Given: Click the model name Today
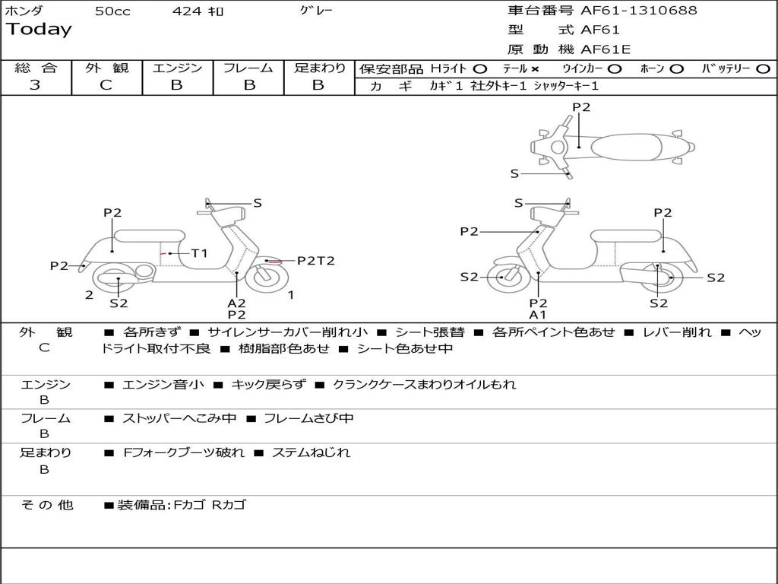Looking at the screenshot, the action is click(x=39, y=30).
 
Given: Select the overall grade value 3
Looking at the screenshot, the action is click(x=35, y=85).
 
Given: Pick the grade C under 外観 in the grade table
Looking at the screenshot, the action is click(x=106, y=85).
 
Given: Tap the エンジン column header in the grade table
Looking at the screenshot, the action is click(x=177, y=68).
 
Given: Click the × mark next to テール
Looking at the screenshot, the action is click(x=535, y=68).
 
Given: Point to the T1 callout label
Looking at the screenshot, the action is click(x=199, y=253).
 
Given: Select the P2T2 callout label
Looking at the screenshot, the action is click(x=315, y=261).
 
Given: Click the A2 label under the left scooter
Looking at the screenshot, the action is click(x=236, y=303).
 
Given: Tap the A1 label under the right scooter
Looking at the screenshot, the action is click(x=538, y=315).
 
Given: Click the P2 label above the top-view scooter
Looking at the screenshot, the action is click(x=581, y=107).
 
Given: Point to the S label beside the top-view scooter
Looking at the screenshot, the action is click(x=514, y=173).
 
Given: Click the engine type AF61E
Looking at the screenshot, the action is click(x=606, y=50).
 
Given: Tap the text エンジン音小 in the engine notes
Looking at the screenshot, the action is click(x=163, y=385).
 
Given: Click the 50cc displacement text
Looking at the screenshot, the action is click(x=112, y=11).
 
